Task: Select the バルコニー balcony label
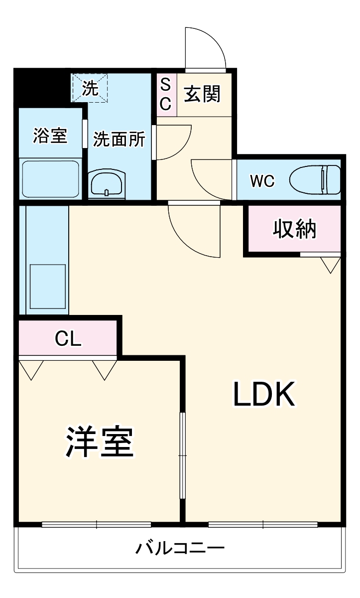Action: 181,549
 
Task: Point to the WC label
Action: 262,181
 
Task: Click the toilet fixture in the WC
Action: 315,179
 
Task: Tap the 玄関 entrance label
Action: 202,94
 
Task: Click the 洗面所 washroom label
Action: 119,140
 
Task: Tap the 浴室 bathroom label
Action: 50,136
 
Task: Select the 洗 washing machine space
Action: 90,88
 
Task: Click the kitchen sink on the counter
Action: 48,288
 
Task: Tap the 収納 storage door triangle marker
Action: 330,264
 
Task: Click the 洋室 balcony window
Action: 96,524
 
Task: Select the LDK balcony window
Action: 263,524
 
